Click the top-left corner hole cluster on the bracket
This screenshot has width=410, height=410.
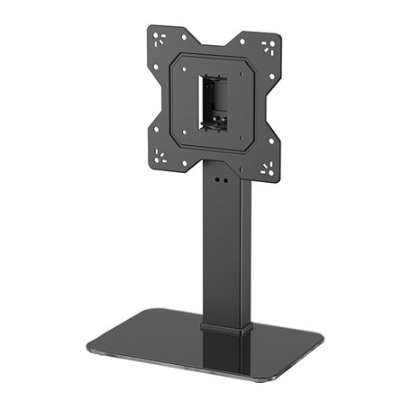click(161, 39)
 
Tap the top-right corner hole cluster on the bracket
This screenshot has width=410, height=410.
click(267, 48)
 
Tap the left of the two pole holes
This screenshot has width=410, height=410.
click(215, 178)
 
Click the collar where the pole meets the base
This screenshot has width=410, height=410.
click(222, 327)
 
